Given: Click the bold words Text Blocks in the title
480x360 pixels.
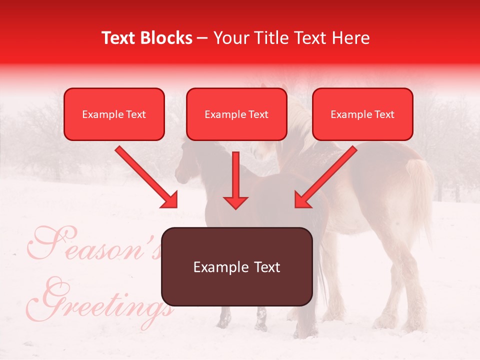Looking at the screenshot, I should pyautogui.click(x=147, y=38).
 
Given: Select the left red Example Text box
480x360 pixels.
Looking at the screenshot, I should pyautogui.click(x=114, y=114).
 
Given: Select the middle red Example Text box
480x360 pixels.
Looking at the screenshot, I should pyautogui.click(x=236, y=114).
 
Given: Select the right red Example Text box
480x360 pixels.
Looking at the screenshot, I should pyautogui.click(x=362, y=114).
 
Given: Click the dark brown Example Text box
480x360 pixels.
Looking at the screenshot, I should pyautogui.click(x=236, y=266).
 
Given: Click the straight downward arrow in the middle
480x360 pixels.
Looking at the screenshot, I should pyautogui.click(x=235, y=182).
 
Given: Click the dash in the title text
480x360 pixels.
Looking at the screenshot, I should pyautogui.click(x=202, y=38).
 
